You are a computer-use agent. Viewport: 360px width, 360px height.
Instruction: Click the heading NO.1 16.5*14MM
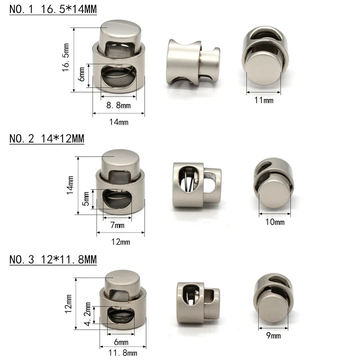point(53,8)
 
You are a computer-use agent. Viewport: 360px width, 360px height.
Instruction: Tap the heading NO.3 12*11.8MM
point(53,260)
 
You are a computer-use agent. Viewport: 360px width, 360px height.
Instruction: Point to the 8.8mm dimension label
point(118,105)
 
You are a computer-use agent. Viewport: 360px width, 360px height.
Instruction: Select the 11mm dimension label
point(264,100)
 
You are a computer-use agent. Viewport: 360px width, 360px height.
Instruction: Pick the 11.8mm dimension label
point(122,353)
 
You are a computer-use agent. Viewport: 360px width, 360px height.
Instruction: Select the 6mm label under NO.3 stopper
point(121,342)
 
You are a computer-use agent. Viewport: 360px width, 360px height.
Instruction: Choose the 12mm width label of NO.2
point(120,241)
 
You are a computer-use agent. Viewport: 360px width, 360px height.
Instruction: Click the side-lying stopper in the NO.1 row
point(192,61)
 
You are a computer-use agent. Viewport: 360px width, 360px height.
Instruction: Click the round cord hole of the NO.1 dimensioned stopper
point(118,78)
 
